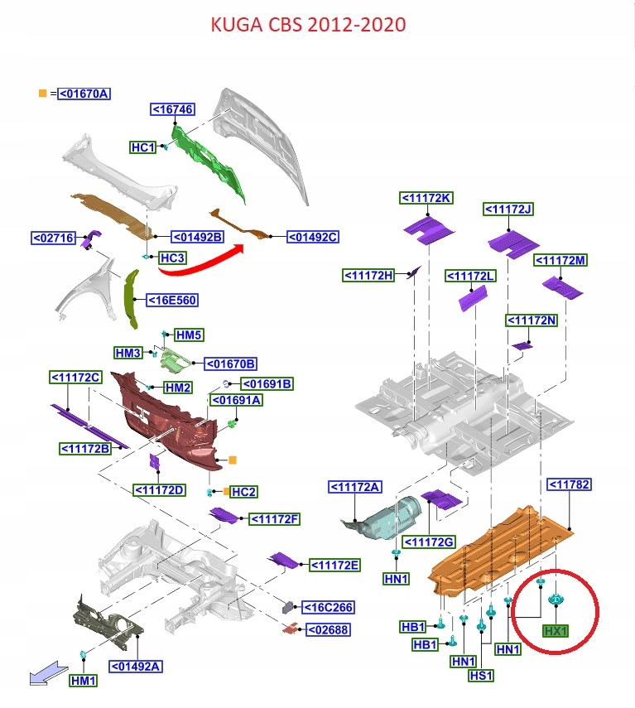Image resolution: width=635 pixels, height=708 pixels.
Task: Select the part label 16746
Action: (x=172, y=109)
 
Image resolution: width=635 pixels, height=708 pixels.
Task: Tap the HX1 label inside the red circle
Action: (x=556, y=631)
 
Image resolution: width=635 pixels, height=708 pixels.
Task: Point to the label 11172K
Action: (x=426, y=198)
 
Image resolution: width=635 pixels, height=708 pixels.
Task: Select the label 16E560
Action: (x=171, y=300)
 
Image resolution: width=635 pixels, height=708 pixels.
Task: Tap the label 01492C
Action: (x=313, y=238)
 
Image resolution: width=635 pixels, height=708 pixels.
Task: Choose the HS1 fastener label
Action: (x=481, y=676)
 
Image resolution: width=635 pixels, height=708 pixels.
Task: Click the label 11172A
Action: (x=356, y=487)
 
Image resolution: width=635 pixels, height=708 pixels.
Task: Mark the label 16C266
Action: (x=328, y=608)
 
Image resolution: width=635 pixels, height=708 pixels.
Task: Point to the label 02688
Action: (x=328, y=630)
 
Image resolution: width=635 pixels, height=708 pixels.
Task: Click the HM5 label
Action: (x=189, y=335)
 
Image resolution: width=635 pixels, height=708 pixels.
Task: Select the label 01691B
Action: (x=267, y=383)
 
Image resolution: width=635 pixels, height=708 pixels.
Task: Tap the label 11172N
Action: (x=532, y=320)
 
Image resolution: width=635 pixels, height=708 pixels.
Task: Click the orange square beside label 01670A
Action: (x=41, y=94)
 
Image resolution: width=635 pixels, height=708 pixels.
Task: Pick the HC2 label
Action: (x=243, y=492)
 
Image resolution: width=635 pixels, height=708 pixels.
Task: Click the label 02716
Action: (x=54, y=238)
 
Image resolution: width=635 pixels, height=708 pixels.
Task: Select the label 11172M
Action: (x=560, y=260)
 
